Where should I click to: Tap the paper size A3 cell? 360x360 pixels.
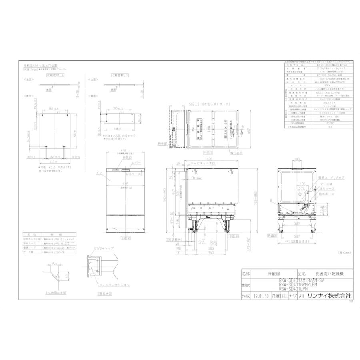point(301,296)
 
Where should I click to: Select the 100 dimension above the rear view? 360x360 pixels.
point(296,160)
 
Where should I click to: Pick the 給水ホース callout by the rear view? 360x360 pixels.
point(327,194)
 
